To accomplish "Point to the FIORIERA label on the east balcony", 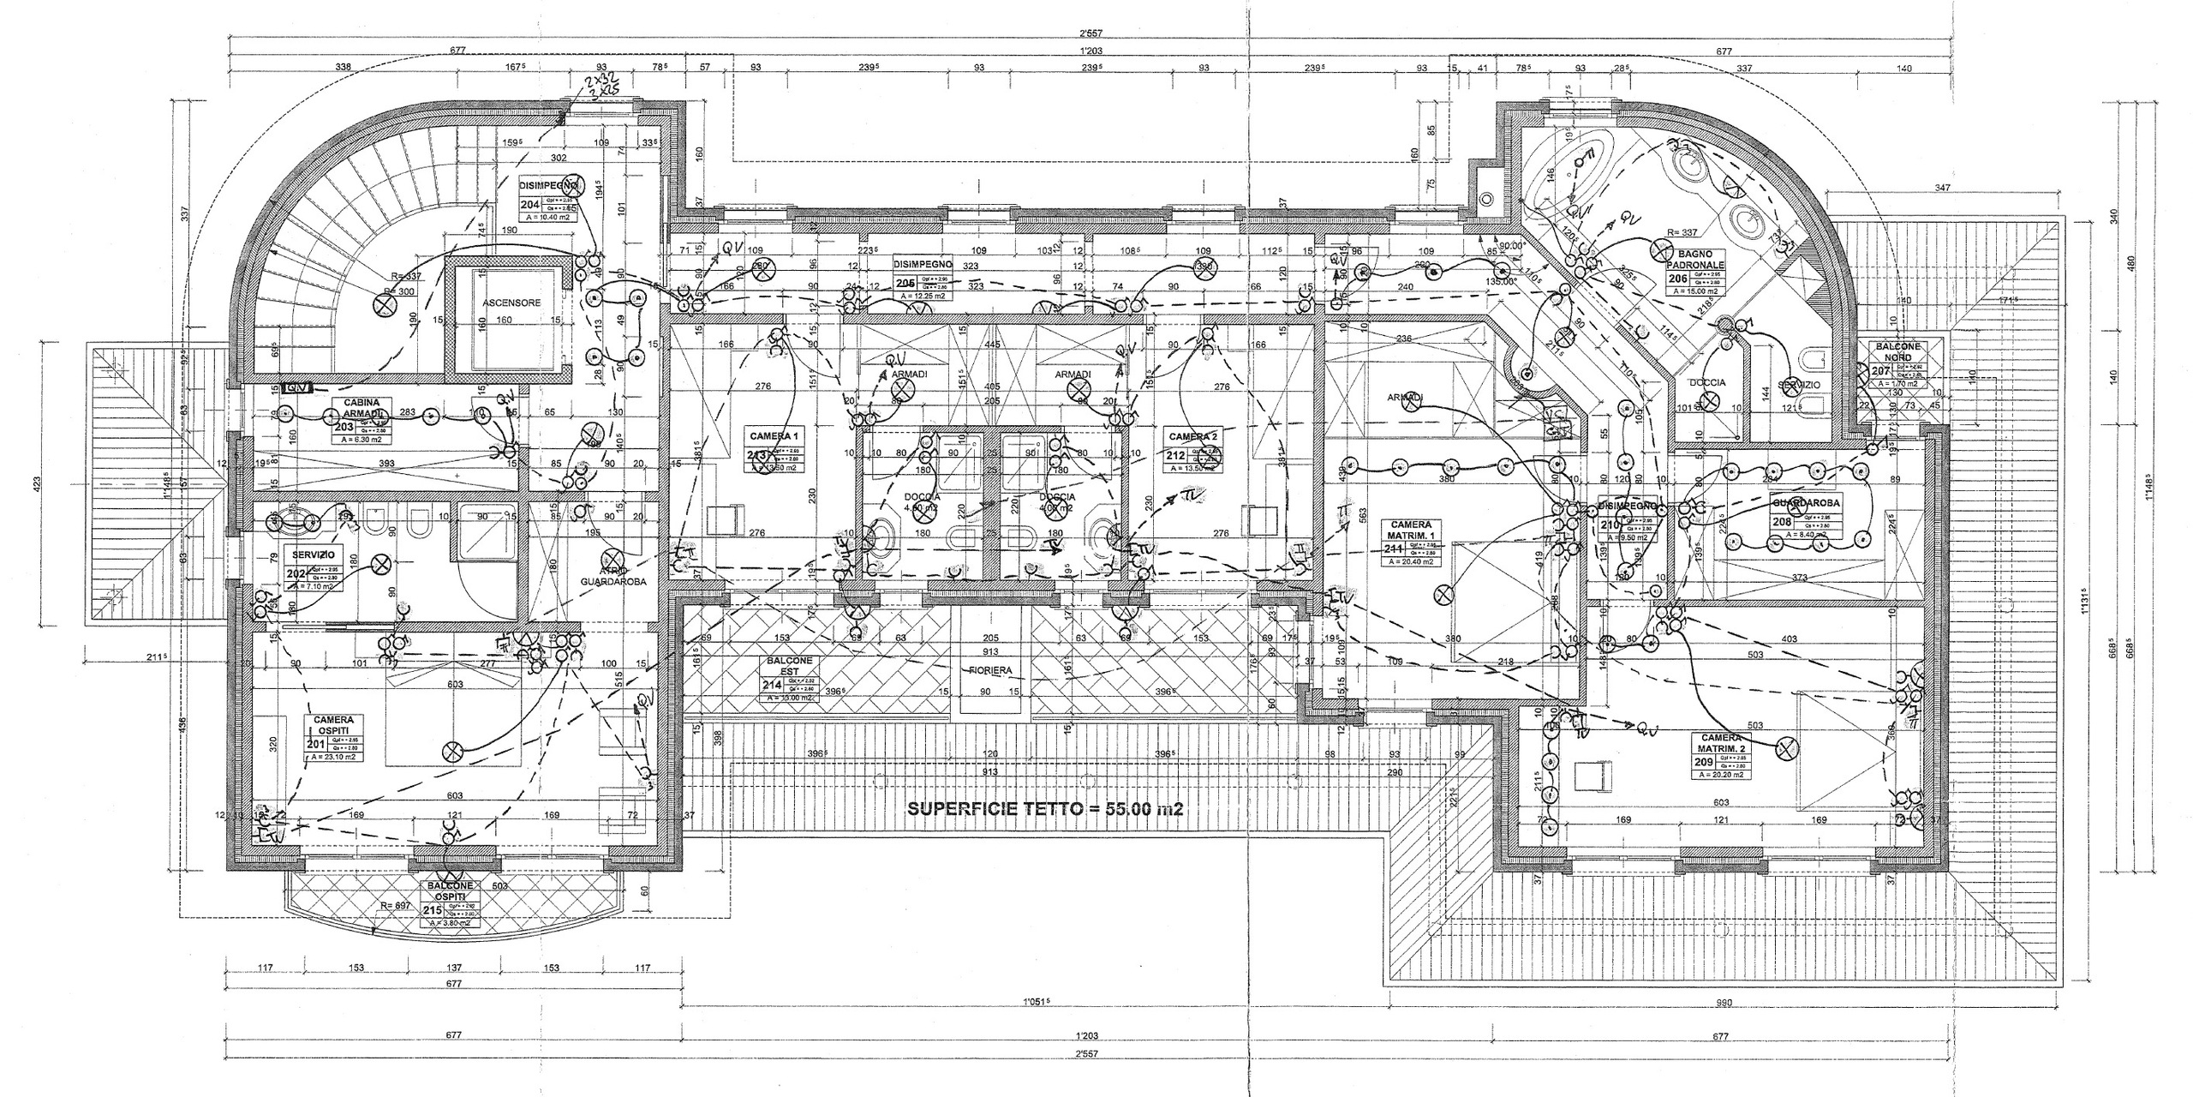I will (990, 670).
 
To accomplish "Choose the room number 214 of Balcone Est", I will (774, 684).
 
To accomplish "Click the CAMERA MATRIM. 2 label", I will (1721, 743).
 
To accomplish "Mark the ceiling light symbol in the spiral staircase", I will (382, 303).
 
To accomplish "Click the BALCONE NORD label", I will (1897, 351).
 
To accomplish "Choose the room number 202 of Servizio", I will (295, 575).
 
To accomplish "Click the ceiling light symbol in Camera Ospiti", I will (451, 752).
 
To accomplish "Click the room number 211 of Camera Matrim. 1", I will (1391, 548).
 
